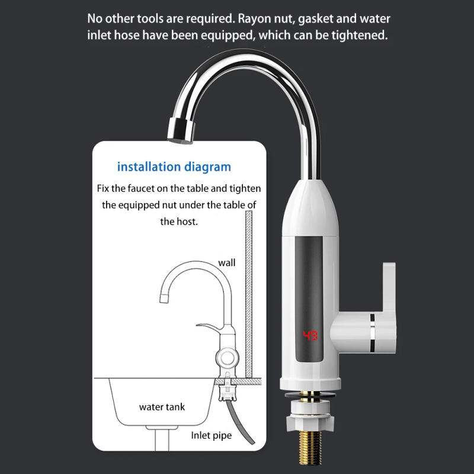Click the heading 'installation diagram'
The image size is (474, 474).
tap(174, 166)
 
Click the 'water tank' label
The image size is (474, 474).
tap(162, 407)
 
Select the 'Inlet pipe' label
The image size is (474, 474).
tap(211, 435)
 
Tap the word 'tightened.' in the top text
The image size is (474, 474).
tap(361, 35)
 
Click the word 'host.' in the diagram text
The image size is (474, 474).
tap(187, 221)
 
